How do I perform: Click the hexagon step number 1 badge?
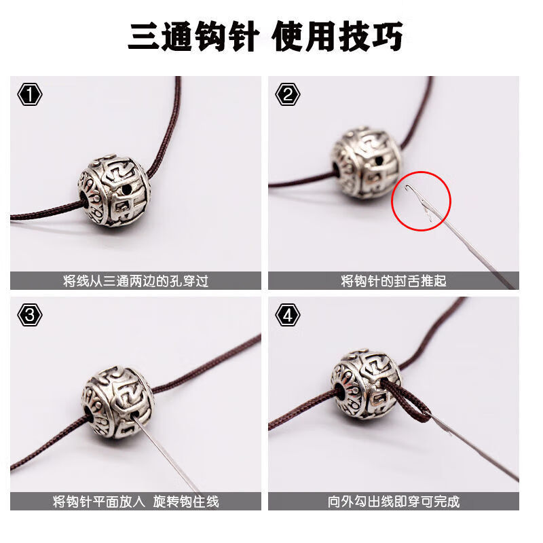coord(29,94)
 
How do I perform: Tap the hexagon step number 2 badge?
coord(288,94)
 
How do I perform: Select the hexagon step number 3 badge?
coord(29,315)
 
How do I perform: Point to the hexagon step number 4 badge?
coord(288,315)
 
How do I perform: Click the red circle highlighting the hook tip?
coord(422,200)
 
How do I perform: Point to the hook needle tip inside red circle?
coord(407,193)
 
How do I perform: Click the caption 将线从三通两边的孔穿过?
coord(136,280)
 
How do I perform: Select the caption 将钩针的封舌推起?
coord(394,280)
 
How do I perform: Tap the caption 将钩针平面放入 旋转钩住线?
coord(136,502)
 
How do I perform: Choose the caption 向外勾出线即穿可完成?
coord(394,502)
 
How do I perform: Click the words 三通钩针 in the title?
coord(193,37)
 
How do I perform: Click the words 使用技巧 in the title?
coord(337,37)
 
